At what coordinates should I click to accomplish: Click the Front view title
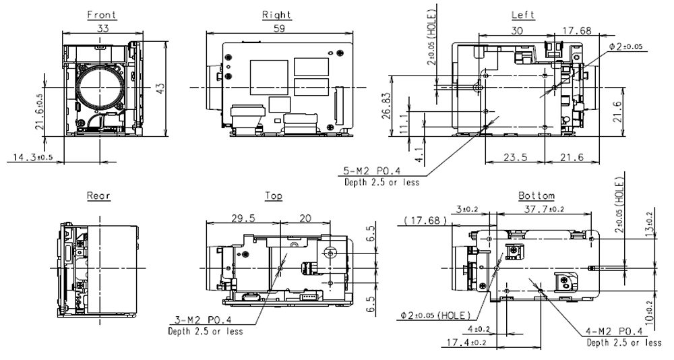[x=102, y=15]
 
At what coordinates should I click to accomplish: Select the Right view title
[x=276, y=15]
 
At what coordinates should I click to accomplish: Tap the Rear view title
[x=98, y=196]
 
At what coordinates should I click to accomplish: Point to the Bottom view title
[x=536, y=196]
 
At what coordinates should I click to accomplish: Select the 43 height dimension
[x=160, y=88]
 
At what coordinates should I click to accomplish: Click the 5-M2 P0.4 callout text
[x=370, y=171]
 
